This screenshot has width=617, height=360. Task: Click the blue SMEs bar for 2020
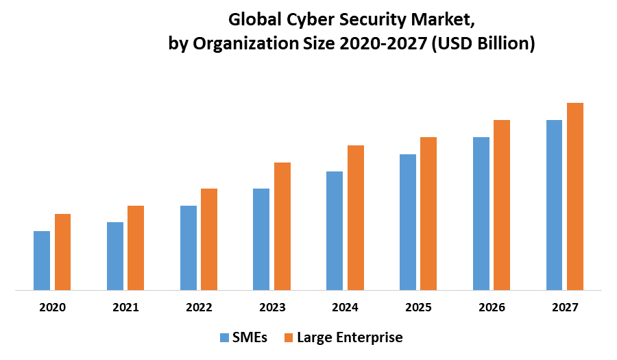[42, 261]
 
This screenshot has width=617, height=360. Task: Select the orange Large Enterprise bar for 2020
[62, 252]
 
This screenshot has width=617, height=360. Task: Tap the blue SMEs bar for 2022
[189, 248]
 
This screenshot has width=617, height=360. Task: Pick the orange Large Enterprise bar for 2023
[282, 226]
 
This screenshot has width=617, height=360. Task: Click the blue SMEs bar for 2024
[335, 230]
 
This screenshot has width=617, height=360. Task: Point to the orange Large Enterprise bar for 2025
[428, 213]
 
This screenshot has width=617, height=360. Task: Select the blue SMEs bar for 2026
[481, 213]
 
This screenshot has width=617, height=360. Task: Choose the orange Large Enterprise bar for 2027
[574, 196]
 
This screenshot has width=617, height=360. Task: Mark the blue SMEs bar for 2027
[554, 205]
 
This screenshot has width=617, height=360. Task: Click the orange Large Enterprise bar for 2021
[136, 248]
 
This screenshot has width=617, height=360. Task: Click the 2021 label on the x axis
[126, 308]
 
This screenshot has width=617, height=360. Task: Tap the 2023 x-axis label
[272, 308]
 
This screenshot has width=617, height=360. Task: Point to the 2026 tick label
[492, 308]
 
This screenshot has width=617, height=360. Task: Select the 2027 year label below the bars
[564, 308]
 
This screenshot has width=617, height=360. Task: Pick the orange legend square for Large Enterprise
[289, 337]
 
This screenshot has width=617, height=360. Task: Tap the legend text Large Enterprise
[350, 337]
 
